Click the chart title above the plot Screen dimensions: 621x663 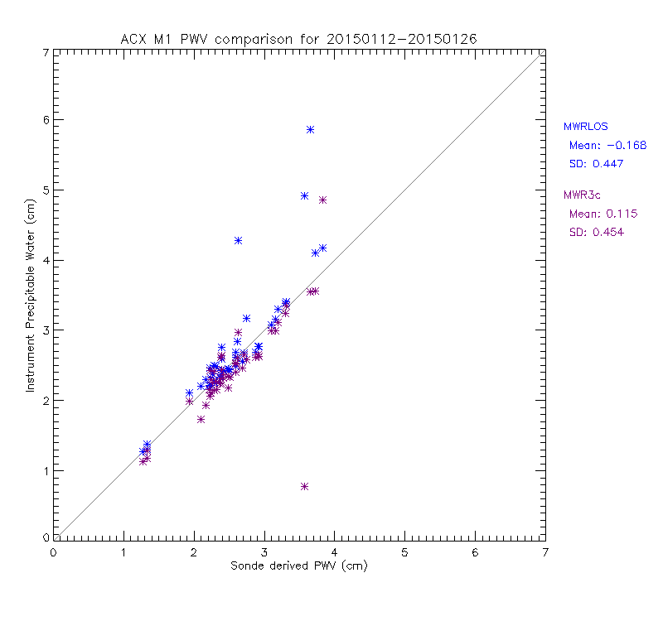click(299, 38)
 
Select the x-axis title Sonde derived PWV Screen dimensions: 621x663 click(299, 566)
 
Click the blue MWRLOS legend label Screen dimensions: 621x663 click(585, 127)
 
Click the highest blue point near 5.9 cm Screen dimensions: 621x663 click(310, 129)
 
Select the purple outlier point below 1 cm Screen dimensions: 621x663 click(304, 486)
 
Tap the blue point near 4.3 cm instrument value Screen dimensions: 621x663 click(238, 240)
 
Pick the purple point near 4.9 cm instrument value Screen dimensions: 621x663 click(322, 200)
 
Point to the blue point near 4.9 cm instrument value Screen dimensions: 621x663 click(304, 195)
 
